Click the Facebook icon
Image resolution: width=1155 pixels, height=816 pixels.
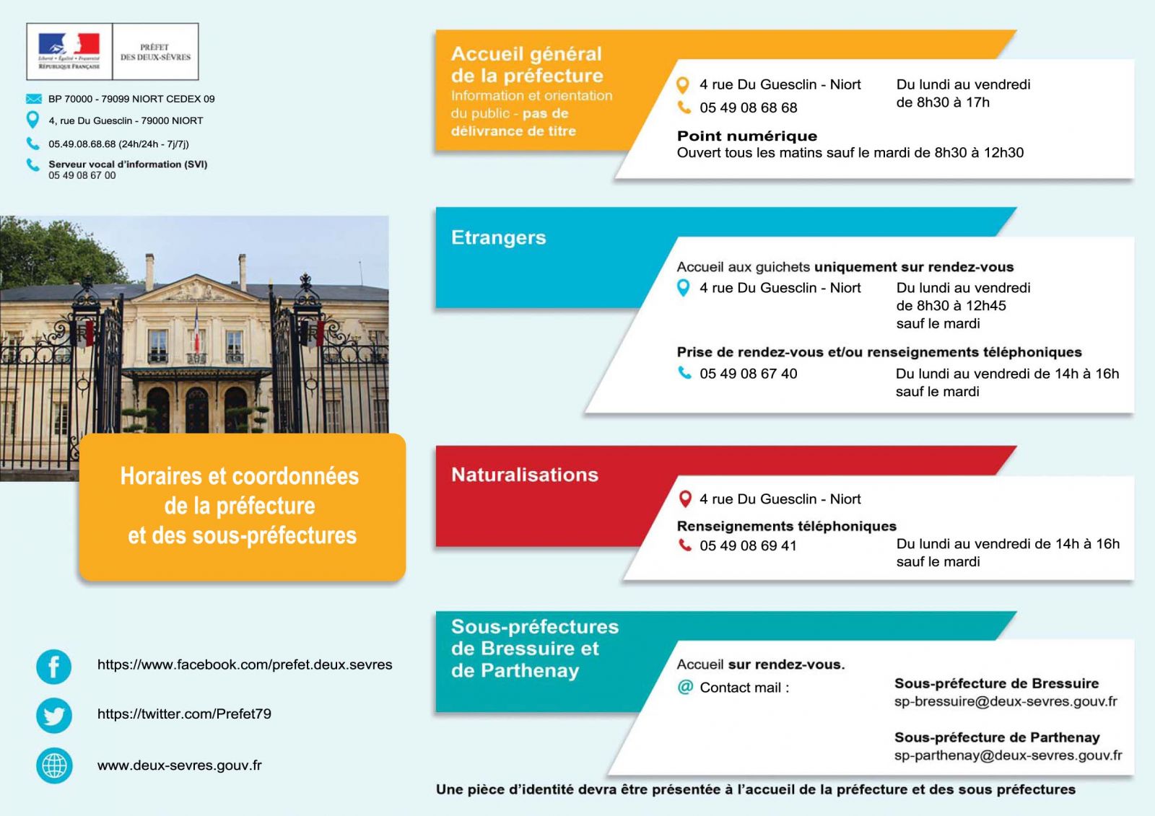[x=54, y=667]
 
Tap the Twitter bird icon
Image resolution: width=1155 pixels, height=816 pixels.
[x=54, y=716]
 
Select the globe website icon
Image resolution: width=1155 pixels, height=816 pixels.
[x=54, y=765]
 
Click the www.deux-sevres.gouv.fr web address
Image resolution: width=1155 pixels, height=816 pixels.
[x=180, y=765]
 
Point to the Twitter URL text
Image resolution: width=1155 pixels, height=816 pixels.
[x=184, y=714]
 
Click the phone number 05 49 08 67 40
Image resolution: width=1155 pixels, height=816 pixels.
[x=748, y=374]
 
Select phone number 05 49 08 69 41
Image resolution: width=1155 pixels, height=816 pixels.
[x=748, y=546]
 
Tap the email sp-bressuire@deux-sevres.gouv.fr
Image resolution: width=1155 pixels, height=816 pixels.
[x=1006, y=701]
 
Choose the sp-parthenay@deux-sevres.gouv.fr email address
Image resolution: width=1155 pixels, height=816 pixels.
[x=1008, y=755]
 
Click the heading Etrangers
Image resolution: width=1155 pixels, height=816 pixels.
[x=498, y=238]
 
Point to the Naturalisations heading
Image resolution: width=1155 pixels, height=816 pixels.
[x=525, y=475]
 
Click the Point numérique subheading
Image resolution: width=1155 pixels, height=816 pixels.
[x=747, y=136]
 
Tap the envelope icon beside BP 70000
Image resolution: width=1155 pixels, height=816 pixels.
[x=34, y=99]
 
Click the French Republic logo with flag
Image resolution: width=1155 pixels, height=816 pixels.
[x=69, y=51]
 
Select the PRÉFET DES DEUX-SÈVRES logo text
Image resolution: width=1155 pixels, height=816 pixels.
[x=155, y=52]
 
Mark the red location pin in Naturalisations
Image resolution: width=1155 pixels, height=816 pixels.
[x=685, y=499]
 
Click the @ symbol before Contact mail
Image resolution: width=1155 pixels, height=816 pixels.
[x=685, y=688]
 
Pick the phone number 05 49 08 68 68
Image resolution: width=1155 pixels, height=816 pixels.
[x=748, y=108]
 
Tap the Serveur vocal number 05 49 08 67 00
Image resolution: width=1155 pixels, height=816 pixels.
[x=82, y=175]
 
